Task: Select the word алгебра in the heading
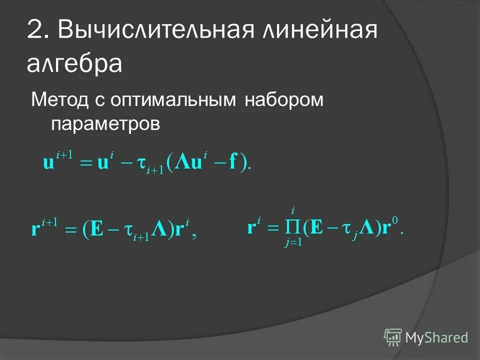pos(74,64)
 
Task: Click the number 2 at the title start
pos(37,31)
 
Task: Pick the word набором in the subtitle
pos(284,100)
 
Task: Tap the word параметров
pos(105,123)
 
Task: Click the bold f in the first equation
pos(233,163)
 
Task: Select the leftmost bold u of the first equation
pos(48,164)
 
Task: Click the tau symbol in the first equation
pos(141,163)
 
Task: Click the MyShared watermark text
pos(436,337)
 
